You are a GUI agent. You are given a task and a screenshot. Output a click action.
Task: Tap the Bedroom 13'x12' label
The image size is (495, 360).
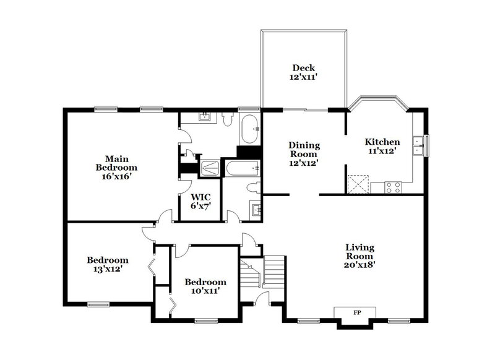pos(108,264)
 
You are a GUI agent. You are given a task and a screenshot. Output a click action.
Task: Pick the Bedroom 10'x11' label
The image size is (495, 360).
pos(205,286)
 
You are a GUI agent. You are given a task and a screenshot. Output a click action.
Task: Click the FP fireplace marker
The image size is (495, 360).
pos(356,312)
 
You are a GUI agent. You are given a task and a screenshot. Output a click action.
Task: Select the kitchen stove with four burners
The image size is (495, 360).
pos(393,186)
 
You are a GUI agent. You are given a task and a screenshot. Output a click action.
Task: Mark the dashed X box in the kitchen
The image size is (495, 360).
pos(357,184)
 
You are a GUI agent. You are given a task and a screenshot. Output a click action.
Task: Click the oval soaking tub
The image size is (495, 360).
pos(249,127)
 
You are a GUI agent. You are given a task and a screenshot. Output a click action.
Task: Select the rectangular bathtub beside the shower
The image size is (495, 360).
pos(242,168)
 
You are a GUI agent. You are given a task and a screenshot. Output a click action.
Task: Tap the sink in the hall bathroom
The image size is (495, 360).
pos(255,207)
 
